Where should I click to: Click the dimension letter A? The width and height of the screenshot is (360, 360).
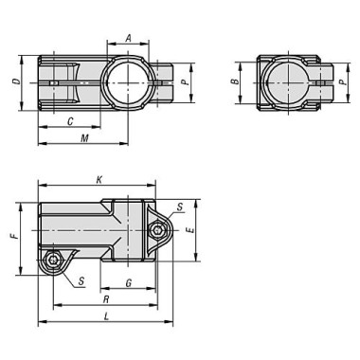129,40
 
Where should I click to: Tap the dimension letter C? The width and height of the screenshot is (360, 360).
72,120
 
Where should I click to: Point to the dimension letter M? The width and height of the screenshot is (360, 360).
85,138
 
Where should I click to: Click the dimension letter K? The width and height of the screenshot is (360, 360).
99,177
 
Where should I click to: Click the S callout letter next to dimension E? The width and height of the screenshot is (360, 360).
181,206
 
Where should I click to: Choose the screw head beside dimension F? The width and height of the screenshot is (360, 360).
56,260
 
